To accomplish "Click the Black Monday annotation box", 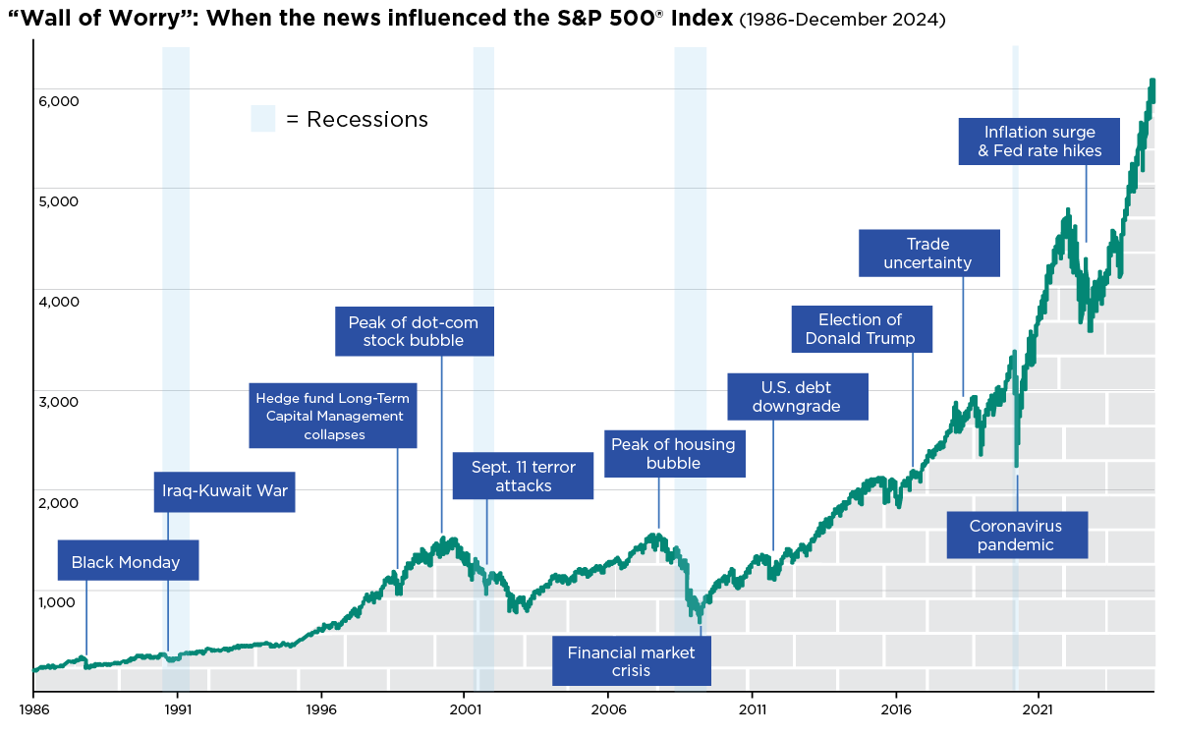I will [127, 562].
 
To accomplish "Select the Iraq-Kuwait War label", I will [225, 490].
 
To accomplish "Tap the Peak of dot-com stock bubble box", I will [414, 331].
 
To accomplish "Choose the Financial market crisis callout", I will [631, 661].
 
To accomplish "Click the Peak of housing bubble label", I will [673, 454].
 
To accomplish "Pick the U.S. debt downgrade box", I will [797, 396].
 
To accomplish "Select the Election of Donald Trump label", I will [860, 329].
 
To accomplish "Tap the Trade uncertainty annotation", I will [928, 254].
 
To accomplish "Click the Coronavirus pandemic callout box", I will [1017, 536].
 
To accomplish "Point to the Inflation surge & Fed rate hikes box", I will [1039, 142].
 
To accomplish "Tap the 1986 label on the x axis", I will [33, 708].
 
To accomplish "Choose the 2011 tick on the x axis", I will [753, 708].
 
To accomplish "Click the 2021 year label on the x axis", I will [1039, 708].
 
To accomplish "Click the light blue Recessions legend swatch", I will [262, 119].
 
